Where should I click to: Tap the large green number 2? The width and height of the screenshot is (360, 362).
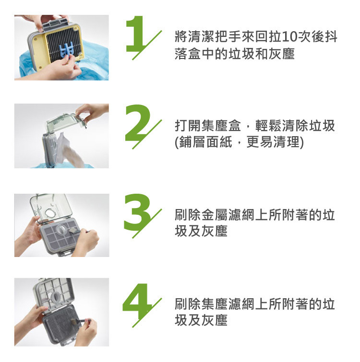click(137, 123)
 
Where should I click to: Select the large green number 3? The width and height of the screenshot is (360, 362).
click(137, 212)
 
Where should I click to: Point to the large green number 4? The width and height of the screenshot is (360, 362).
click(137, 301)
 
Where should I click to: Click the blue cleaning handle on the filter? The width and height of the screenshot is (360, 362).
click(66, 49)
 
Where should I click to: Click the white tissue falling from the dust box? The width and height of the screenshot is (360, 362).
click(67, 149)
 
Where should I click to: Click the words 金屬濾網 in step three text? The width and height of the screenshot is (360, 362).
click(228, 215)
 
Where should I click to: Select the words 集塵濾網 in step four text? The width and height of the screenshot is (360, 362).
click(228, 304)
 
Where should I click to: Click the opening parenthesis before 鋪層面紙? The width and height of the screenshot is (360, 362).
click(177, 142)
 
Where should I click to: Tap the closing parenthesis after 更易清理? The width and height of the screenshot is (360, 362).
click(301, 142)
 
